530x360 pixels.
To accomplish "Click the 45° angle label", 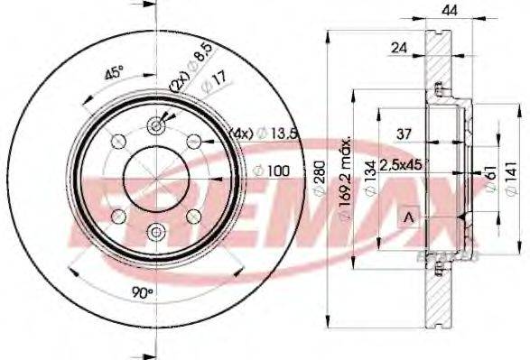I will pyautogui.click(x=114, y=75).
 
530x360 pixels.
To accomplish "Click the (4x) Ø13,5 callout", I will pyautogui.click(x=265, y=134).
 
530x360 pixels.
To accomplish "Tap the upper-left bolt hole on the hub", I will pyautogui.click(x=118, y=142).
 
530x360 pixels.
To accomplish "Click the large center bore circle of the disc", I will pyautogui.click(x=156, y=179).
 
